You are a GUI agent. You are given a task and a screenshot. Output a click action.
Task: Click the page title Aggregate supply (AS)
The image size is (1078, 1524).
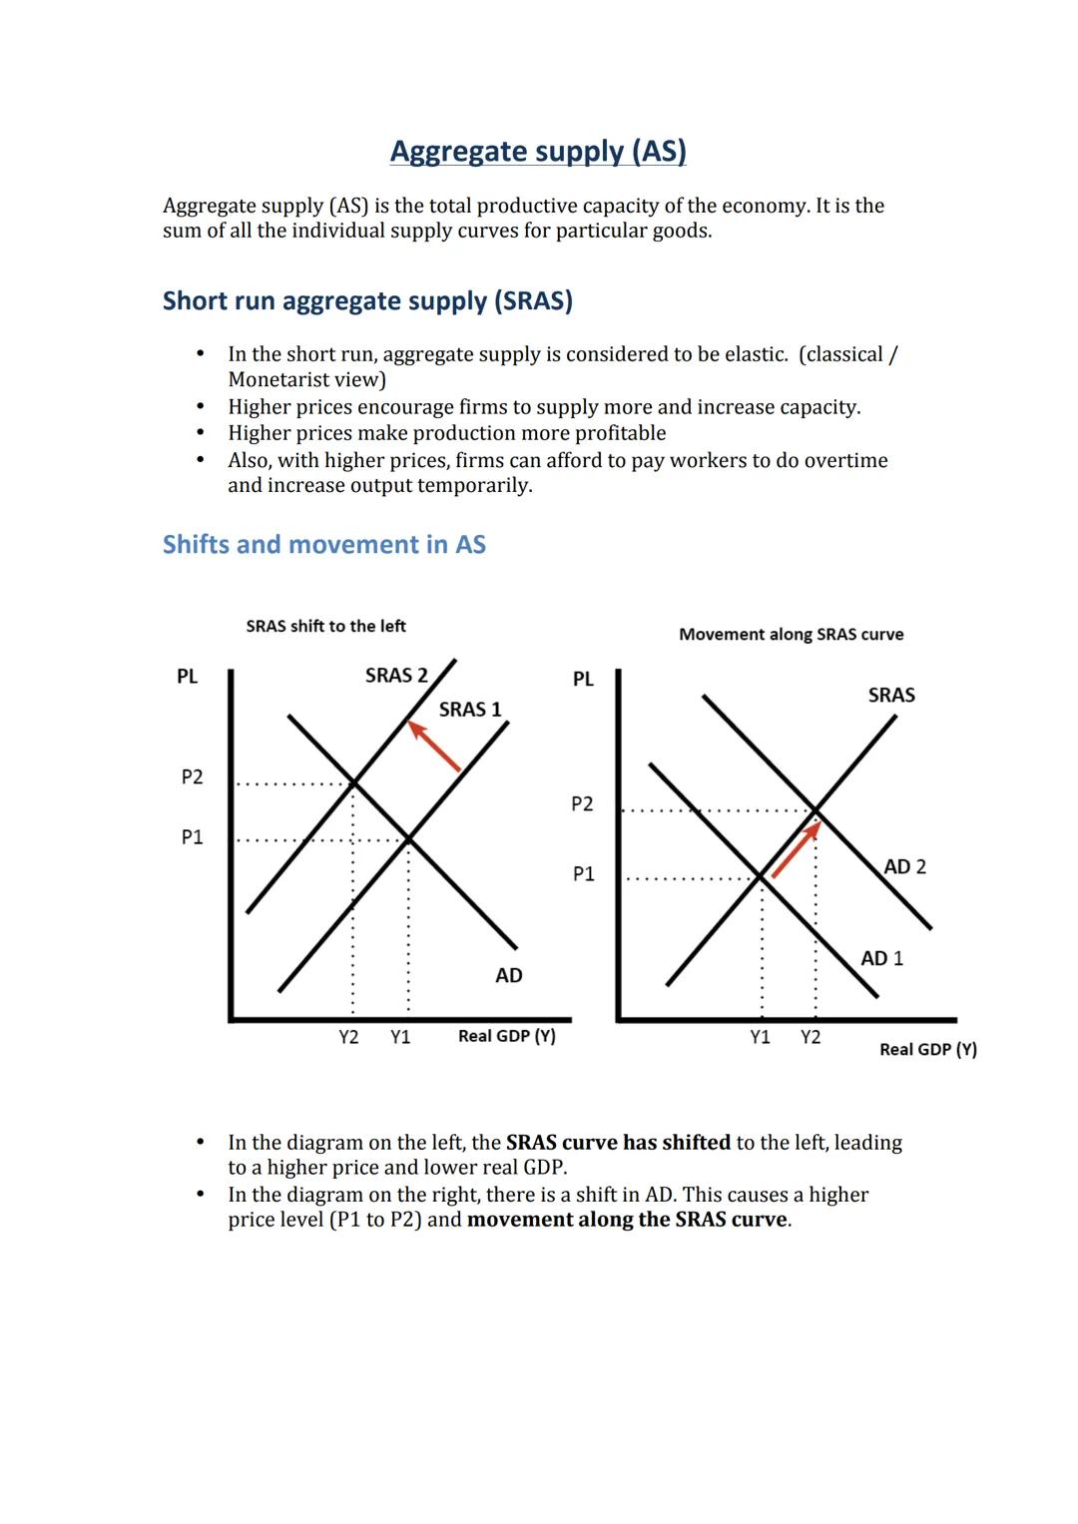pyautogui.click(x=538, y=151)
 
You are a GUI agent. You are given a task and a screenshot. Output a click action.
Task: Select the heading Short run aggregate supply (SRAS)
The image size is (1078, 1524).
pyautogui.click(x=367, y=300)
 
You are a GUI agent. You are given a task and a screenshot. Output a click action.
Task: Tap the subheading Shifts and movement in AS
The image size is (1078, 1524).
pyautogui.click(x=323, y=544)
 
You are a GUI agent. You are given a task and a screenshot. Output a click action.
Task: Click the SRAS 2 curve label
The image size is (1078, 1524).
pyautogui.click(x=395, y=676)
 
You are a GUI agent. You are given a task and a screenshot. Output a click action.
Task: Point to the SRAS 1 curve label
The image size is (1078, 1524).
pyautogui.click(x=470, y=710)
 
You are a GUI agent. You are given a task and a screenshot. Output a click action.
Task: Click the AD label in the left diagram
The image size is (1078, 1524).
pyautogui.click(x=508, y=975)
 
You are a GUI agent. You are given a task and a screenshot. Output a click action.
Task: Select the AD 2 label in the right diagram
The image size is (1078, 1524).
pyautogui.click(x=904, y=866)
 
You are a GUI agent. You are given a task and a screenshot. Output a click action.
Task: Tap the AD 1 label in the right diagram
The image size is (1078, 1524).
pyautogui.click(x=881, y=958)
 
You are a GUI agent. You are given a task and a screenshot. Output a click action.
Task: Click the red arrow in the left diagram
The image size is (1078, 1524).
pyautogui.click(x=434, y=747)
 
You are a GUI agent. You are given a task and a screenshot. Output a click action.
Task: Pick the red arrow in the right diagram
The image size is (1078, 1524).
pyautogui.click(x=796, y=849)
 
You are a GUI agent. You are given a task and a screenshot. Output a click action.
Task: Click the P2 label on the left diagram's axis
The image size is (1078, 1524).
pyautogui.click(x=192, y=776)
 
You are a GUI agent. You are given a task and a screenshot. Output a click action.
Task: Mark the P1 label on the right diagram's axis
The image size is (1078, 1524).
pyautogui.click(x=583, y=874)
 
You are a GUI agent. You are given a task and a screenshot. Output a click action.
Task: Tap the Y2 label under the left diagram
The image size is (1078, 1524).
pyautogui.click(x=348, y=1037)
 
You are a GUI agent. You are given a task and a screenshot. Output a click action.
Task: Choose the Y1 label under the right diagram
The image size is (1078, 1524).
pyautogui.click(x=760, y=1037)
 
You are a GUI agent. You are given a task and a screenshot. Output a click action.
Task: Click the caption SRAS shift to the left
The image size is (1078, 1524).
pyautogui.click(x=325, y=626)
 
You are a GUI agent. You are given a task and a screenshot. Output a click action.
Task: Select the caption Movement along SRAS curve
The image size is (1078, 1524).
pyautogui.click(x=791, y=634)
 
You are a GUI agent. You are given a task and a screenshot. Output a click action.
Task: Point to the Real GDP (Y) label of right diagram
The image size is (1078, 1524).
pyautogui.click(x=927, y=1049)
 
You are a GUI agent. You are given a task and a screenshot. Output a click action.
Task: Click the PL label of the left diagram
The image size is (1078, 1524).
pyautogui.click(x=187, y=677)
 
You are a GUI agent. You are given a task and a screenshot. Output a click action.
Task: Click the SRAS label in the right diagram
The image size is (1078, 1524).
pyautogui.click(x=890, y=695)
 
